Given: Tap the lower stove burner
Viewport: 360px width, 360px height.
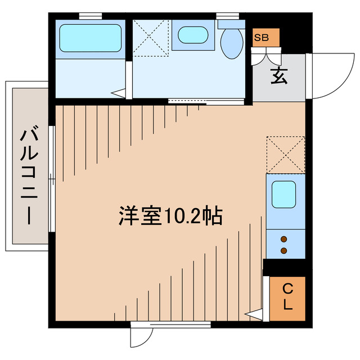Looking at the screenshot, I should point(284,250).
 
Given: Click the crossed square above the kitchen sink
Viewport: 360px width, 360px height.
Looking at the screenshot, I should point(285,154).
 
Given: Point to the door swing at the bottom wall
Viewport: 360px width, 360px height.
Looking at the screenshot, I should point(141,337).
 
